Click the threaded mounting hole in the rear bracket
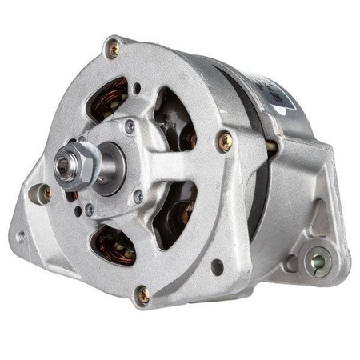tap(318, 260)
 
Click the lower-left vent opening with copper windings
tap(112, 244)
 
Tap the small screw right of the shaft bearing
tap(138, 196)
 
